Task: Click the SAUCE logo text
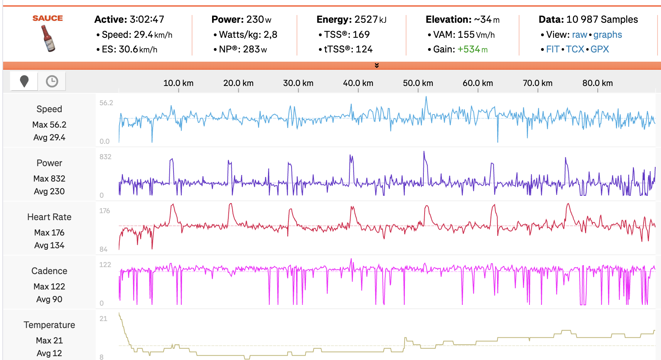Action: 47,18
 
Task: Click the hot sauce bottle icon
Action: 48,39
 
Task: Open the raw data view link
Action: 579,35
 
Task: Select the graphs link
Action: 607,35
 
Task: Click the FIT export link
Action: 552,49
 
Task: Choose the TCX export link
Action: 575,49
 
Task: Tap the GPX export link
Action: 599,49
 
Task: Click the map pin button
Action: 24,81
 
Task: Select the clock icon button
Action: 52,81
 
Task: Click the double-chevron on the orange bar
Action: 377,66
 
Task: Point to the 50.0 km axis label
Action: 418,83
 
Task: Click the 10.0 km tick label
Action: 178,83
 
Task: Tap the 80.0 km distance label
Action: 597,83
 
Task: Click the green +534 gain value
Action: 472,49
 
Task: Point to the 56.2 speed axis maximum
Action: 106,103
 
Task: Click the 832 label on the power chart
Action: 105,157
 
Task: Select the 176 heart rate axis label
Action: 105,211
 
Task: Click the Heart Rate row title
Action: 49,217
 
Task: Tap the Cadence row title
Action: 49,271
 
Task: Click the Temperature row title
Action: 49,325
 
